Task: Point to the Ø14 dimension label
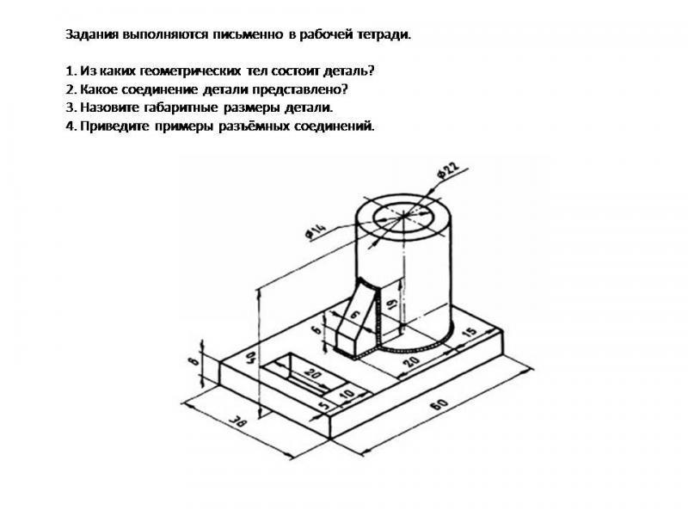point(316,231)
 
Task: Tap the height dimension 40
point(251,358)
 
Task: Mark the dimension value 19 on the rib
point(392,304)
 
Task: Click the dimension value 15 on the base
point(470,332)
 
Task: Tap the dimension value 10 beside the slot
point(347,394)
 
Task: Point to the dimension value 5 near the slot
point(324,406)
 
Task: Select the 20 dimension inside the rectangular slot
point(312,374)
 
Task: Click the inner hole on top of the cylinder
point(402,218)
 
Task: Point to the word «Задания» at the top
point(93,34)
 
